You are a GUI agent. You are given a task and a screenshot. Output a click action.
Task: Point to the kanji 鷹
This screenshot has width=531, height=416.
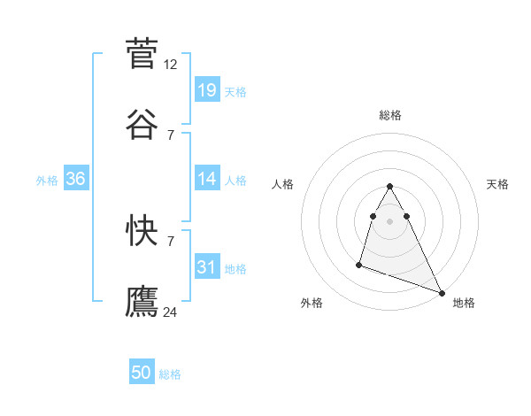(142, 301)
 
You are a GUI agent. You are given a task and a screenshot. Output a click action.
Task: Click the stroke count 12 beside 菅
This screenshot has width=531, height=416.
(171, 65)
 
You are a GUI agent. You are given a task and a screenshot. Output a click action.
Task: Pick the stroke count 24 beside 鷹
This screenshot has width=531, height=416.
(171, 312)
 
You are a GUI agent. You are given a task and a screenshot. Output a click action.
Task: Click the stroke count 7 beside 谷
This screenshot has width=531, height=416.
(171, 135)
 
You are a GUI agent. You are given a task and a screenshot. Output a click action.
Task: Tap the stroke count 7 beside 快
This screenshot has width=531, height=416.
(171, 241)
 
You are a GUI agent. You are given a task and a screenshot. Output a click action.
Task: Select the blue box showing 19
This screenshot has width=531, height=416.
(207, 90)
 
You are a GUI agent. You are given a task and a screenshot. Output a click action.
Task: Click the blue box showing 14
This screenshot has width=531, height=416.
(207, 179)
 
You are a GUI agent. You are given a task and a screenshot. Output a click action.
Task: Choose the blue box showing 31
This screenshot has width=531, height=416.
(207, 267)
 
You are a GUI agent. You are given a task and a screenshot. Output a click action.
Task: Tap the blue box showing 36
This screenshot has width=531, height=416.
(76, 179)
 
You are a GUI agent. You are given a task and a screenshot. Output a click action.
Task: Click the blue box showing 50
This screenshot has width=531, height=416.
(142, 373)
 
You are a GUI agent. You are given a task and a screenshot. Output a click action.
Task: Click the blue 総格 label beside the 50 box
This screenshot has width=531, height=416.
(170, 374)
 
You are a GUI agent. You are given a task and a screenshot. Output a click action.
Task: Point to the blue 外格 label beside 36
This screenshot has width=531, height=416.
(47, 181)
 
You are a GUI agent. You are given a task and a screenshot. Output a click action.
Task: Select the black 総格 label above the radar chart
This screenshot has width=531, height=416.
(390, 115)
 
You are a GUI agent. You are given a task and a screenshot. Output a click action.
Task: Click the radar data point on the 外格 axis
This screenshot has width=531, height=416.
(359, 264)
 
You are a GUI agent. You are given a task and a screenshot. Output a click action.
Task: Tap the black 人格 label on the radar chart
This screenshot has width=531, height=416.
(283, 184)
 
